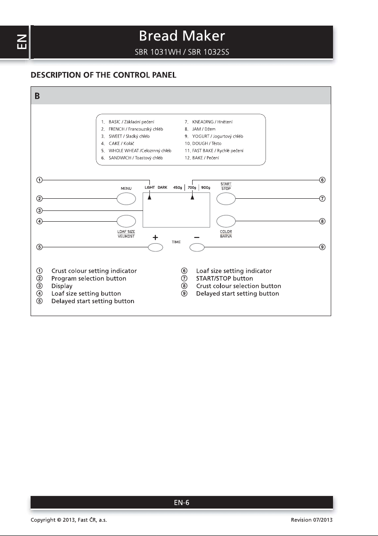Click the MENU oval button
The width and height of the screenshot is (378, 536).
126,198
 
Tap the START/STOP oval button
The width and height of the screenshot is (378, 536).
226,198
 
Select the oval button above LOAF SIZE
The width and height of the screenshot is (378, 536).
126,221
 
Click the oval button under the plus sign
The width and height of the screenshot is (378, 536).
155,247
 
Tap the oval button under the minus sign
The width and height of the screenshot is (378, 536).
197,247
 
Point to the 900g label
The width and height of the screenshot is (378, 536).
206,188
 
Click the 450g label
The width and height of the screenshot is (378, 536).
178,188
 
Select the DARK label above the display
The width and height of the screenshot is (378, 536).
162,188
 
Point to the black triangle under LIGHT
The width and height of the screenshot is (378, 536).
150,197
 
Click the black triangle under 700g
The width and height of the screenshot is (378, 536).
192,197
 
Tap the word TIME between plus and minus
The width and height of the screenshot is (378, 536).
176,242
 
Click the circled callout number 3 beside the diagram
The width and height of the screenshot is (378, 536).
40,210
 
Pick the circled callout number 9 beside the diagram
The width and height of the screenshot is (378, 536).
322,247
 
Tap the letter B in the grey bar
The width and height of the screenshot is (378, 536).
37,97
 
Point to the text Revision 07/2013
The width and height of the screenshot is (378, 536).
312,520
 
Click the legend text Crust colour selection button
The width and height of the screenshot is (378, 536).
238,286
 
